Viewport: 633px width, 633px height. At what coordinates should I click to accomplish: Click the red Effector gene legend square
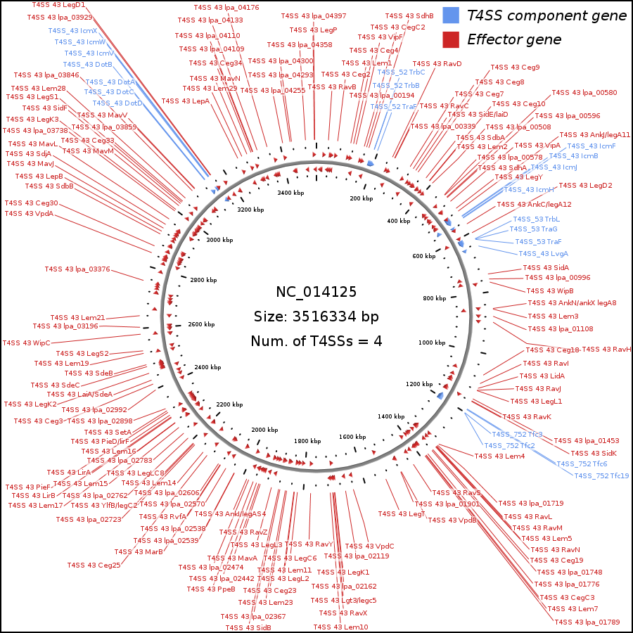[x=451, y=39]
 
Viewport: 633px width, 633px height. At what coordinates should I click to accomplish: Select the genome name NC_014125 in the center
[x=316, y=292]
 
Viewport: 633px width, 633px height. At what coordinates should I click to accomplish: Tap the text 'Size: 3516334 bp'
[x=316, y=316]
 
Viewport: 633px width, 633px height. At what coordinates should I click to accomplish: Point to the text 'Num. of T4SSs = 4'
[x=316, y=342]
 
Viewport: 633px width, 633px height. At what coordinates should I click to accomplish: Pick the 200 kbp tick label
[x=361, y=198]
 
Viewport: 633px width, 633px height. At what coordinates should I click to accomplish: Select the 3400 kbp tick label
[x=290, y=192]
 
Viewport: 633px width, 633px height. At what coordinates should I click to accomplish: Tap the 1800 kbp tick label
[x=307, y=441]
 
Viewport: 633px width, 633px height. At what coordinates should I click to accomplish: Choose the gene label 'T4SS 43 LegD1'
[x=58, y=5]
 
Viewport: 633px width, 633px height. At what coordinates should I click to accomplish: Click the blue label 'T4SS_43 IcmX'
[x=72, y=30]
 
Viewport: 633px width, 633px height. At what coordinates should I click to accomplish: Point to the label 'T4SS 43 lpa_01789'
[x=587, y=622]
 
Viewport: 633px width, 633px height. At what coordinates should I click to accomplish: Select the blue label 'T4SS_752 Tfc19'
[x=601, y=476]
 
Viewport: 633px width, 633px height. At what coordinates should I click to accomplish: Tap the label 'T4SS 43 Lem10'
[x=340, y=627]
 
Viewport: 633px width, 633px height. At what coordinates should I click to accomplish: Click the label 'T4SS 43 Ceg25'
[x=94, y=565]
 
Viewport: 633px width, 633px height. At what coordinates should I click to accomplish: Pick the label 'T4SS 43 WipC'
[x=27, y=343]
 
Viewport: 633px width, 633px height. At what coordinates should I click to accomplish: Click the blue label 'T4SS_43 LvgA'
[x=543, y=253]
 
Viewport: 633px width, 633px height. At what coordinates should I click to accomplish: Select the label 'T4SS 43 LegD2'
[x=585, y=186]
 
